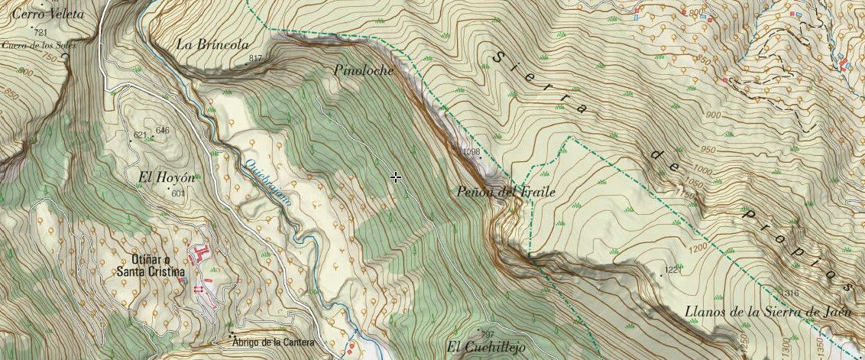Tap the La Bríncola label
coord(212,45)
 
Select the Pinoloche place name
coord(364,70)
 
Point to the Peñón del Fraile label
coord(506,192)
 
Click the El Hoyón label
coord(166,177)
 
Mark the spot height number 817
coord(255,59)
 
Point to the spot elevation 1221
coord(672,271)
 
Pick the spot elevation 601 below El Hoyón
coord(179,193)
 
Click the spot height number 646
coord(162,131)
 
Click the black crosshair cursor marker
coord(396,177)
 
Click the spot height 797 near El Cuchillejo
coord(487,334)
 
